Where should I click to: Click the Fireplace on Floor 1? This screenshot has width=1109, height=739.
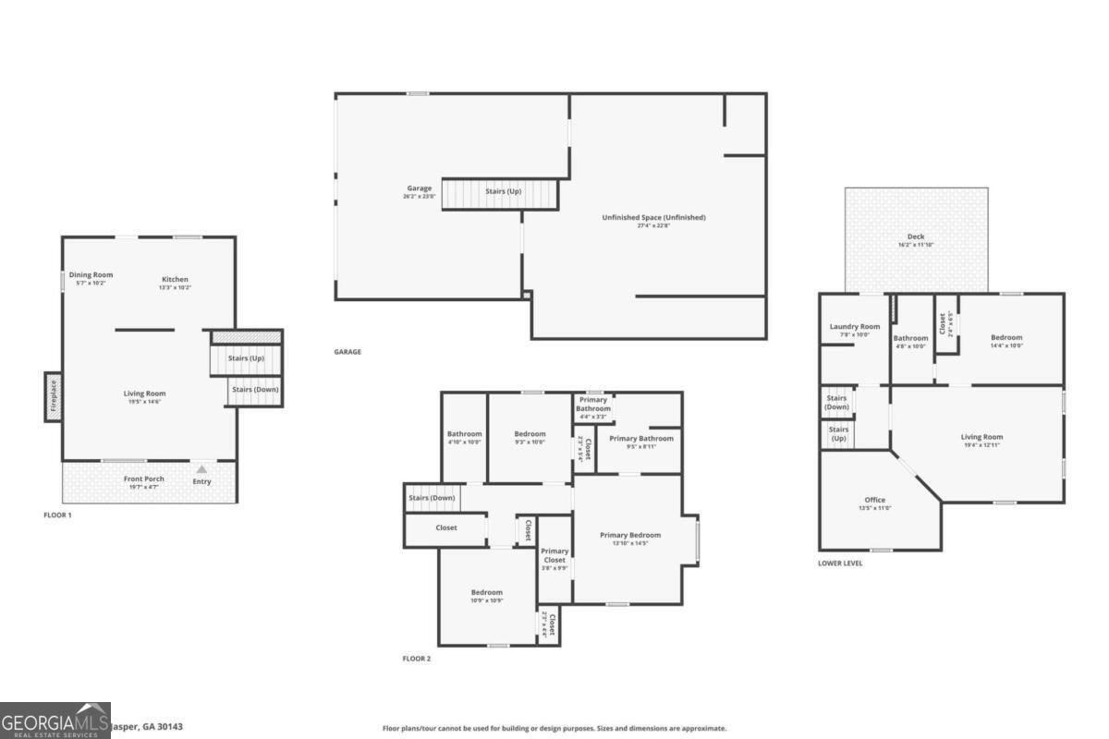click(x=53, y=396)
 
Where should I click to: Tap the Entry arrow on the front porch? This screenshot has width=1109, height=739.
click(x=201, y=470)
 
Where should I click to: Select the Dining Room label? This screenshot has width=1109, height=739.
click(x=91, y=274)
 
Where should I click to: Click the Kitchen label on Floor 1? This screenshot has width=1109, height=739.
click(x=176, y=279)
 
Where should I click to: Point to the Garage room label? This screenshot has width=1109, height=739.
click(x=419, y=188)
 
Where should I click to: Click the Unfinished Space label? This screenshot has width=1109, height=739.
click(x=653, y=217)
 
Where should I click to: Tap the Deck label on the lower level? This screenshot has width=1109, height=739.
click(x=915, y=236)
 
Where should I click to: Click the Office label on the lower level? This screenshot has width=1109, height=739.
click(x=874, y=500)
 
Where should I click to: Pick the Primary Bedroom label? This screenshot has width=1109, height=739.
click(x=630, y=535)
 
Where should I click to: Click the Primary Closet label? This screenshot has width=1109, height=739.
click(x=554, y=555)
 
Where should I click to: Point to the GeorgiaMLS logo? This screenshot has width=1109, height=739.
click(x=55, y=721)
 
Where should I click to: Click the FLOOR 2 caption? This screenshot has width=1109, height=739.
click(x=416, y=659)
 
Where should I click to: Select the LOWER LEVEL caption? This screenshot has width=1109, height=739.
click(x=840, y=563)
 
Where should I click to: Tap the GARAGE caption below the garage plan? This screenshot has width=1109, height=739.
click(x=347, y=352)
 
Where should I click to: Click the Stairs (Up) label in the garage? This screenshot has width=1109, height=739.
click(x=504, y=191)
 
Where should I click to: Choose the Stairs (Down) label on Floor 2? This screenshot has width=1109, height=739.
click(x=432, y=498)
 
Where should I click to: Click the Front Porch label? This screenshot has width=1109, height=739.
click(x=144, y=479)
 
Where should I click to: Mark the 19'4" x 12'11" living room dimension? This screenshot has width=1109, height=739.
click(x=981, y=445)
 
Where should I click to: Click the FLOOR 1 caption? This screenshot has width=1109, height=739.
click(x=57, y=515)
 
